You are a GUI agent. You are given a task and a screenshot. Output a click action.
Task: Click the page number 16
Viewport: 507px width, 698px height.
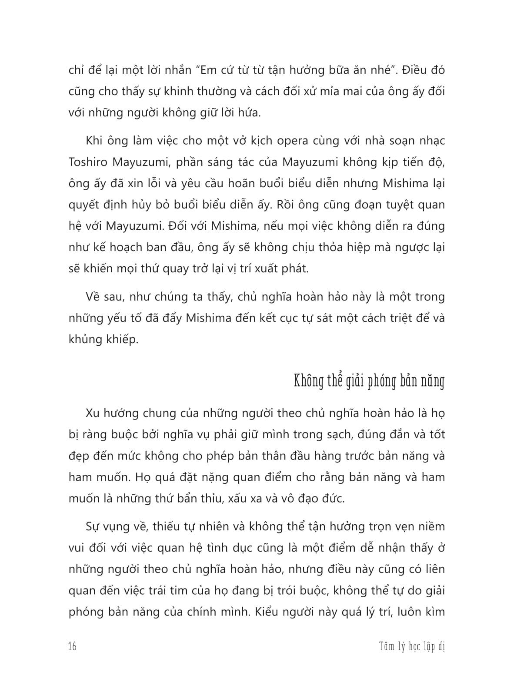[73, 647]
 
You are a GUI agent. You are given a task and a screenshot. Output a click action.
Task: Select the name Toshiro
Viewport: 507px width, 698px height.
[86, 162]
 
